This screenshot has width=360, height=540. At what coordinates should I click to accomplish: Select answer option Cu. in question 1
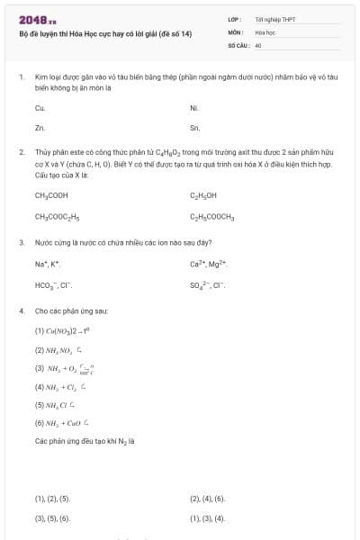click(40, 107)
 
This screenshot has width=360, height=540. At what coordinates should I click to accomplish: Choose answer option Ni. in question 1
click(194, 107)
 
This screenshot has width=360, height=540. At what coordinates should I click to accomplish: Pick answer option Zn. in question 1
click(40, 128)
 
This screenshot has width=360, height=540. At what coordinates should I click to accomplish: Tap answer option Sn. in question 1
click(194, 128)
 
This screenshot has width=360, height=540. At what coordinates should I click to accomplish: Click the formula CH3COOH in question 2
click(51, 195)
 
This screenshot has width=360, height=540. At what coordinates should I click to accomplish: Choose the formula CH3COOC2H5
click(58, 217)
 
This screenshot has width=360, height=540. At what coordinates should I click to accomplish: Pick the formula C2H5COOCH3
click(211, 217)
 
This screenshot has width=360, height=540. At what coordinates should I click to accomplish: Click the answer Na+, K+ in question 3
click(48, 264)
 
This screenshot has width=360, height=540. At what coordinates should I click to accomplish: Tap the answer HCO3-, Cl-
click(53, 285)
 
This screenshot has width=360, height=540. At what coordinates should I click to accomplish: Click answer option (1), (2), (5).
click(52, 498)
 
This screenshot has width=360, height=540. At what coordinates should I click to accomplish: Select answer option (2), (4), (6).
click(207, 498)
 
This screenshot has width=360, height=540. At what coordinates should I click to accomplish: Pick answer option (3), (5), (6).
click(52, 518)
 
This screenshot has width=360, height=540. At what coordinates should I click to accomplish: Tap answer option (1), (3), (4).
click(207, 518)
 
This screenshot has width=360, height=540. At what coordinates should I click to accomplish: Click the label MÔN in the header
click(237, 31)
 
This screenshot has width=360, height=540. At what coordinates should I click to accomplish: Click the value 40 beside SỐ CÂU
click(258, 44)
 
